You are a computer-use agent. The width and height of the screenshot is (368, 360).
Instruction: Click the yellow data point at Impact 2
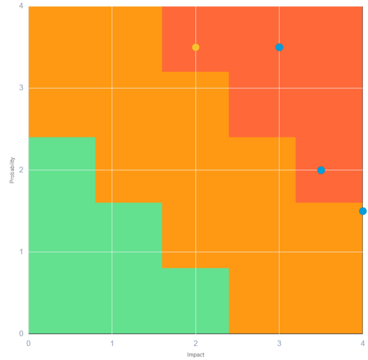tap(195, 47)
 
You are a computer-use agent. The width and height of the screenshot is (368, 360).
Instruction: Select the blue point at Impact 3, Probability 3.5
tap(279, 47)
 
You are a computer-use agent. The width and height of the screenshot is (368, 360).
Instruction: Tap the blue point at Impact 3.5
tap(321, 170)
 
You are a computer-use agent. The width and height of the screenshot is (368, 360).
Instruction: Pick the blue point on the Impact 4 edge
tap(363, 211)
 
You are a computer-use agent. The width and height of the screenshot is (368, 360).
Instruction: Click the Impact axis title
tap(195, 355)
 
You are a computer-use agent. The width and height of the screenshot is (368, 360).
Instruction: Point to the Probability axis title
tap(12, 170)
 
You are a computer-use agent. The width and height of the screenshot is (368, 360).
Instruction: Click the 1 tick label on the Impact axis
tap(112, 343)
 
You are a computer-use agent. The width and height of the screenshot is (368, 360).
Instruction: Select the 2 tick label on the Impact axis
tap(195, 343)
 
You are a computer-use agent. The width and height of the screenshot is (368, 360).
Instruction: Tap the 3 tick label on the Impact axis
tap(279, 343)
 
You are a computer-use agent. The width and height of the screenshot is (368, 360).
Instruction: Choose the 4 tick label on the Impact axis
tap(363, 343)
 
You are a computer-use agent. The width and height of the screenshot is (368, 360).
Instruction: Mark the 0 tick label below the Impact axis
tap(28, 343)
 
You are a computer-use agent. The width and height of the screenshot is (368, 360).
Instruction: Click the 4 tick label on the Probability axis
tap(21, 7)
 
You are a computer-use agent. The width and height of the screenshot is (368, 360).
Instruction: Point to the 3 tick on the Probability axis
tap(21, 88)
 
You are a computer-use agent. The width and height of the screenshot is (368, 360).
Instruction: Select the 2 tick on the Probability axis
tap(21, 170)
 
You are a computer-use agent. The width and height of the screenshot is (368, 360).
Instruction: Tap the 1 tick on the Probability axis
tap(21, 252)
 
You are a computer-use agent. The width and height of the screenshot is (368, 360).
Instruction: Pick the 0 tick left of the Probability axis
tap(21, 334)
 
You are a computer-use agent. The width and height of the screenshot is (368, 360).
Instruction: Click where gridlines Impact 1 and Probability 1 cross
tap(112, 252)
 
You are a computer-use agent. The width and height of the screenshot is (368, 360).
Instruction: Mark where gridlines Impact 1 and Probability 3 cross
tap(112, 88)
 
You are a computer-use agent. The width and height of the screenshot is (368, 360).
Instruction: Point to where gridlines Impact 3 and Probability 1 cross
tap(279, 252)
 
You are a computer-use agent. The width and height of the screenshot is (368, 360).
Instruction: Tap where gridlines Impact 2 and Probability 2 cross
tap(195, 170)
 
